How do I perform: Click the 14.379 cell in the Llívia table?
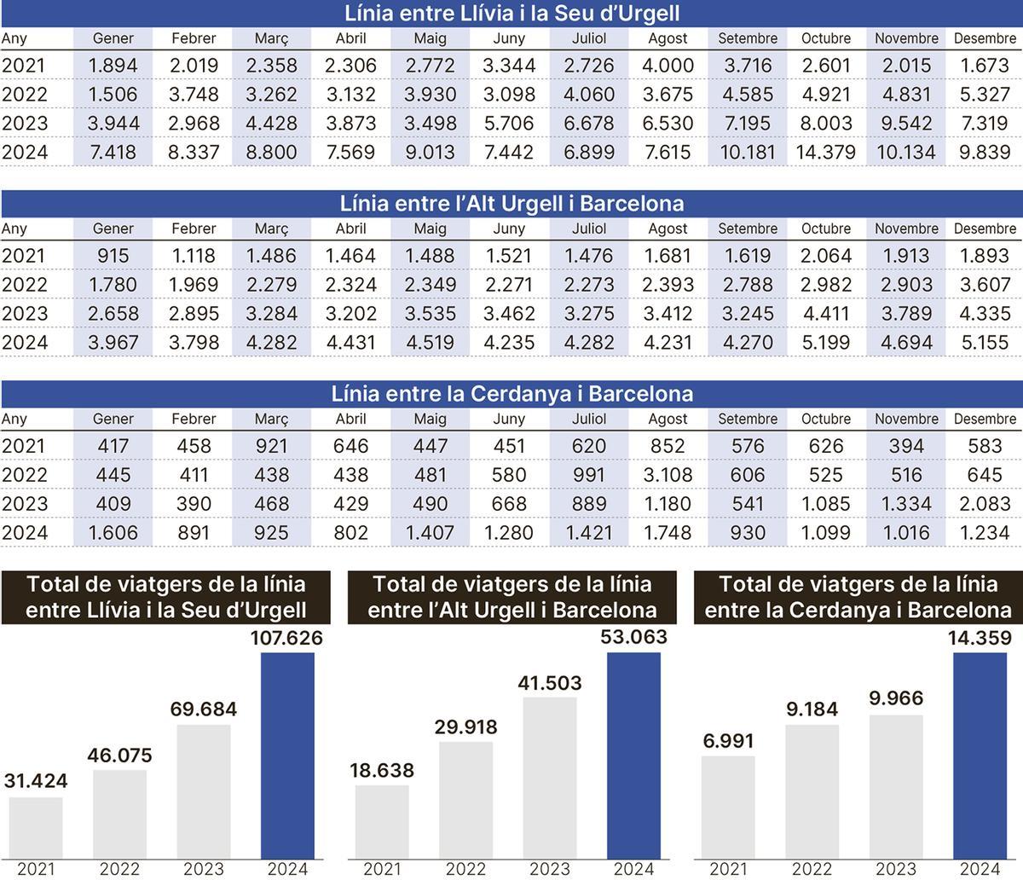826,153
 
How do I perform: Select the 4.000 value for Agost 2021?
668,66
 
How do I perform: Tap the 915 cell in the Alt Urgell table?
113,256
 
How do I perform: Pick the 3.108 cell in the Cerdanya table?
668,475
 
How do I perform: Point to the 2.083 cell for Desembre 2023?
985,504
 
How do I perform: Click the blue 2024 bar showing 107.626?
287,755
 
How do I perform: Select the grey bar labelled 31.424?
36,826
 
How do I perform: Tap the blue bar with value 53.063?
633,755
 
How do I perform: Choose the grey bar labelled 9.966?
896,785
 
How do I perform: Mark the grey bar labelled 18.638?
382,820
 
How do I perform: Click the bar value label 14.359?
980,638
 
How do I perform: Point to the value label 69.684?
204,709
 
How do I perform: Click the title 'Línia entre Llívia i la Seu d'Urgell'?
511,14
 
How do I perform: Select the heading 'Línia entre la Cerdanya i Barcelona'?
511,394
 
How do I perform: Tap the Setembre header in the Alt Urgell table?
748,229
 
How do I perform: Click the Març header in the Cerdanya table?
272,419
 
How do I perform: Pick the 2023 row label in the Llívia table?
25,124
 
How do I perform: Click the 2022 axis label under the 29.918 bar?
465,869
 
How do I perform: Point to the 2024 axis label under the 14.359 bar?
980,869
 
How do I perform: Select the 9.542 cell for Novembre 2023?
906,124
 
